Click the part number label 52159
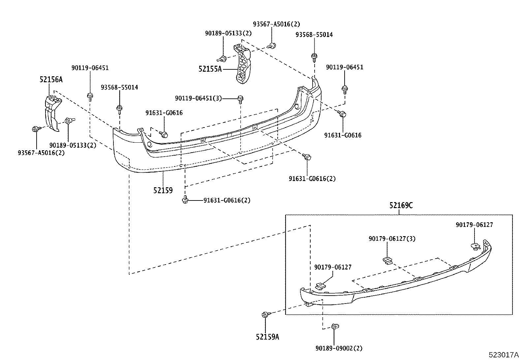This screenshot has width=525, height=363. pyautogui.click(x=163, y=191)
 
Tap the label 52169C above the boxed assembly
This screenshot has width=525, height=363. pyautogui.click(x=401, y=205)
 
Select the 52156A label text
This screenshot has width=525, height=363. pyautogui.click(x=51, y=79)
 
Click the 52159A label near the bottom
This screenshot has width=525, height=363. pyautogui.click(x=267, y=337)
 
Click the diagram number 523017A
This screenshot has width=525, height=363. pyautogui.click(x=503, y=355)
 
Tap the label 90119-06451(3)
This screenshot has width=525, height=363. pyautogui.click(x=198, y=98)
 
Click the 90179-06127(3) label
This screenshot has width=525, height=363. pyautogui.click(x=392, y=238)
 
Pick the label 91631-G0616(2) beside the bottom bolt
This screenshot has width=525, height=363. pyautogui.click(x=227, y=200)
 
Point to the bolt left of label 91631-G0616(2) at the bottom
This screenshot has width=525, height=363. pyautogui.click(x=185, y=200)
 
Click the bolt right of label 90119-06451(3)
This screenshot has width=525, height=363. pyautogui.click(x=240, y=98)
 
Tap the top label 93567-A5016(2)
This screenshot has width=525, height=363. pyautogui.click(x=276, y=24)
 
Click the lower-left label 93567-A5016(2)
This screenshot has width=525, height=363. pyautogui.click(x=41, y=153)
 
